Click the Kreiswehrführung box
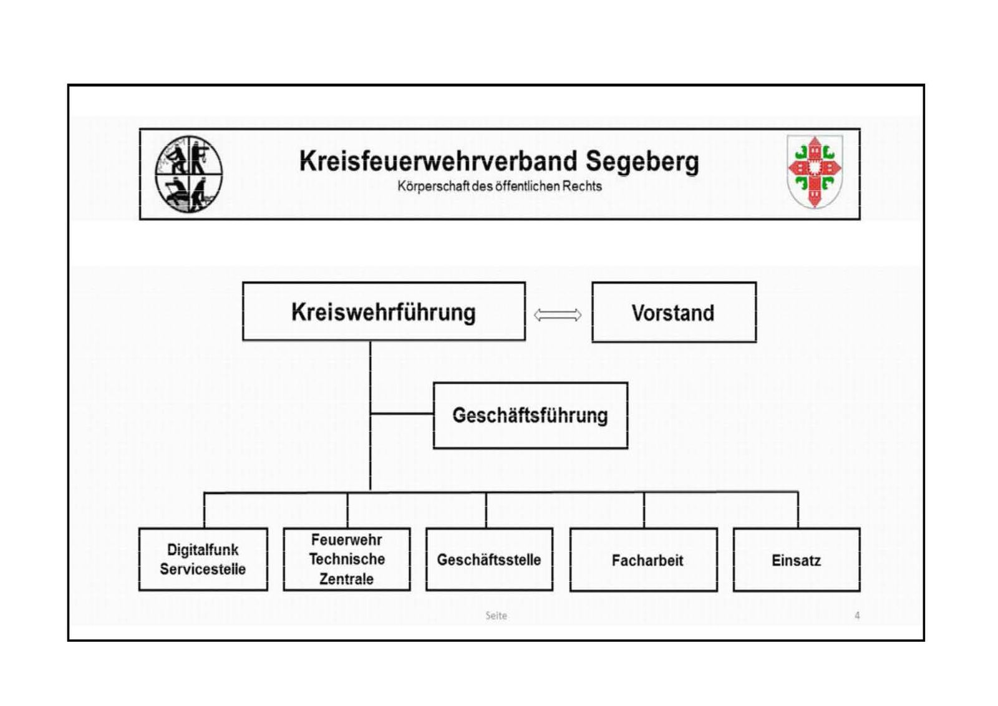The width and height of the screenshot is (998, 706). (384, 311)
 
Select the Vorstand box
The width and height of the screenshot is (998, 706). (674, 312)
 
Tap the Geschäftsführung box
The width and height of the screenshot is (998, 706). (531, 415)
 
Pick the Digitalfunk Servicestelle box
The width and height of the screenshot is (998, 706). (203, 559)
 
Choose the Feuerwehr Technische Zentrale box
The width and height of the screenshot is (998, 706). (347, 559)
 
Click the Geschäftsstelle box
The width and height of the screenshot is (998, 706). (489, 559)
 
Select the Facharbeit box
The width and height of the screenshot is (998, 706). (644, 560)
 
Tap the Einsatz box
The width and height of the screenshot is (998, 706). (797, 560)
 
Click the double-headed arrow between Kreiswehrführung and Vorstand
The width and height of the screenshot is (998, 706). (558, 316)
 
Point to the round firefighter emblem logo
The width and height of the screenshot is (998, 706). (189, 174)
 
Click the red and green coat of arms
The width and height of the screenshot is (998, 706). (815, 172)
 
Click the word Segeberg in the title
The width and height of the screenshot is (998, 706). (642, 162)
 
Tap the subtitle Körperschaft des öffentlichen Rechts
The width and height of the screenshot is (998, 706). (500, 186)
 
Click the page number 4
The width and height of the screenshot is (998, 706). (857, 616)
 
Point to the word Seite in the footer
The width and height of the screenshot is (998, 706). (496, 616)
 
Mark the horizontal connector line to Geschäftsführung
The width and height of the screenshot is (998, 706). (402, 413)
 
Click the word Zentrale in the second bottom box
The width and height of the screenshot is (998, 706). (346, 579)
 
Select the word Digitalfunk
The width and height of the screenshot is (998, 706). (203, 550)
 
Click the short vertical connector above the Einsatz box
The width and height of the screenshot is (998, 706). (798, 510)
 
